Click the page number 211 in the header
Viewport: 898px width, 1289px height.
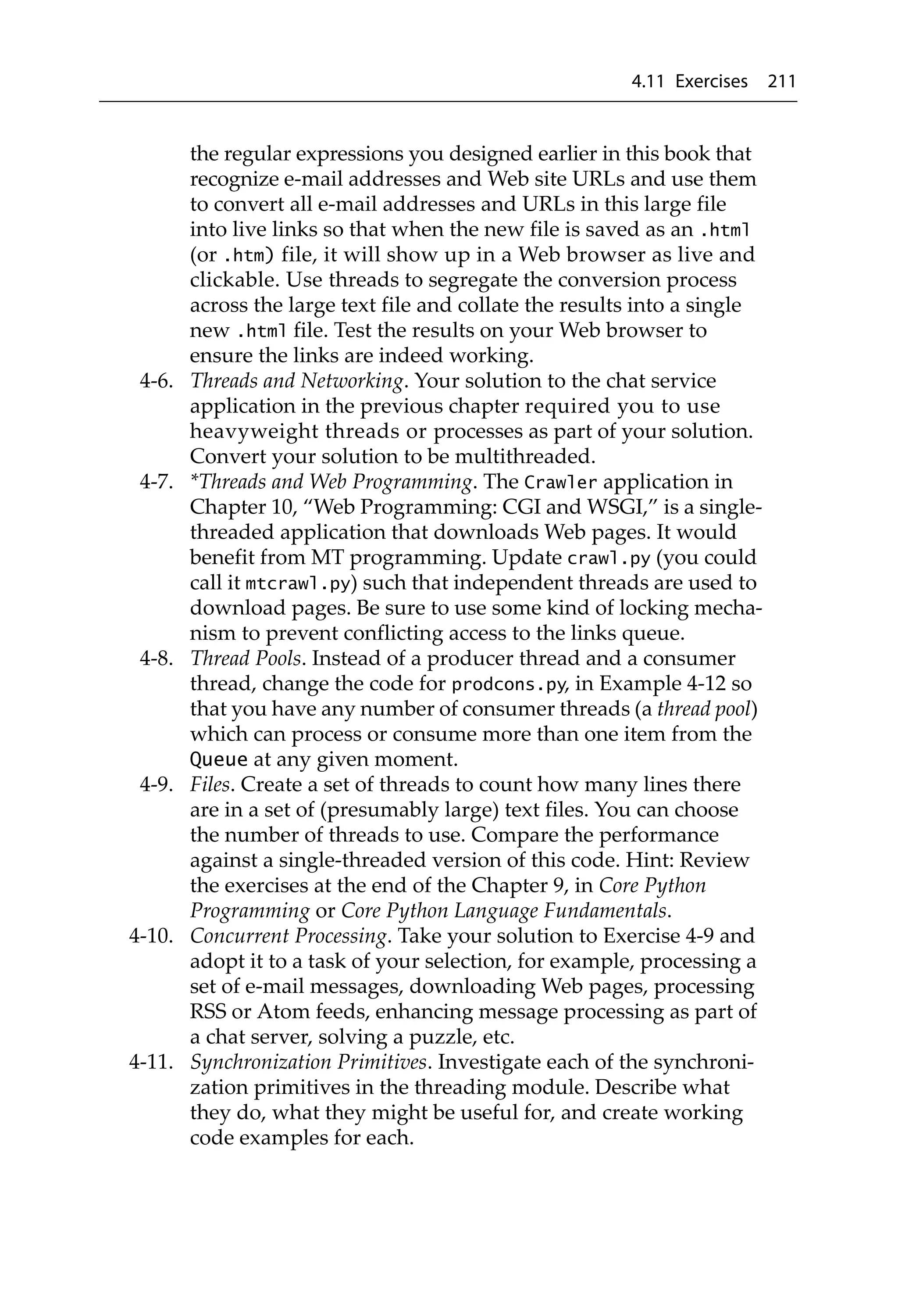click(x=781, y=82)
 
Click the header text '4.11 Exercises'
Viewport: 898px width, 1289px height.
click(x=689, y=82)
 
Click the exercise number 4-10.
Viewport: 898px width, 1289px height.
click(x=151, y=936)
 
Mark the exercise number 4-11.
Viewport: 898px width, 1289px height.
click(x=151, y=1062)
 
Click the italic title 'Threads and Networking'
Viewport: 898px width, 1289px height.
click(x=297, y=381)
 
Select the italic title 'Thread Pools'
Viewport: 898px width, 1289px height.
click(x=247, y=659)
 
